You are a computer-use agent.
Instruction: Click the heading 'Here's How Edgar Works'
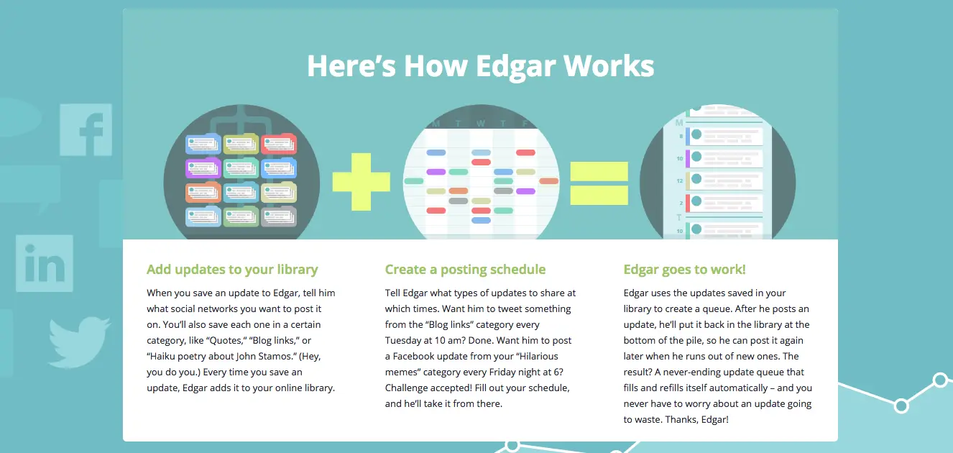[480, 66]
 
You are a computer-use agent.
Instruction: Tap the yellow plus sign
[362, 182]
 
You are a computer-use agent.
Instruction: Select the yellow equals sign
[599, 183]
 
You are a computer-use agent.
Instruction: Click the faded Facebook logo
[86, 129]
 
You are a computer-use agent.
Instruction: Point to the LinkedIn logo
[45, 263]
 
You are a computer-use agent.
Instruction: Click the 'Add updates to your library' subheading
[232, 270]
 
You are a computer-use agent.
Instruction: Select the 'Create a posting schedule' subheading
[465, 270]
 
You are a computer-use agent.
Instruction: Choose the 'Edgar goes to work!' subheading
[684, 270]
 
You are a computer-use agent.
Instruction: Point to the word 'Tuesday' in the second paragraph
[402, 341]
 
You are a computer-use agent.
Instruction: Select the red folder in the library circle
[279, 144]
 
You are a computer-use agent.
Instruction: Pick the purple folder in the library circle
[203, 168]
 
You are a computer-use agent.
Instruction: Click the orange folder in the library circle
[203, 192]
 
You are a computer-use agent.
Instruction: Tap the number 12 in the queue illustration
[679, 180]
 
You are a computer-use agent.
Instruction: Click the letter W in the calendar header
[481, 124]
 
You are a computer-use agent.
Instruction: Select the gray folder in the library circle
[279, 216]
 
